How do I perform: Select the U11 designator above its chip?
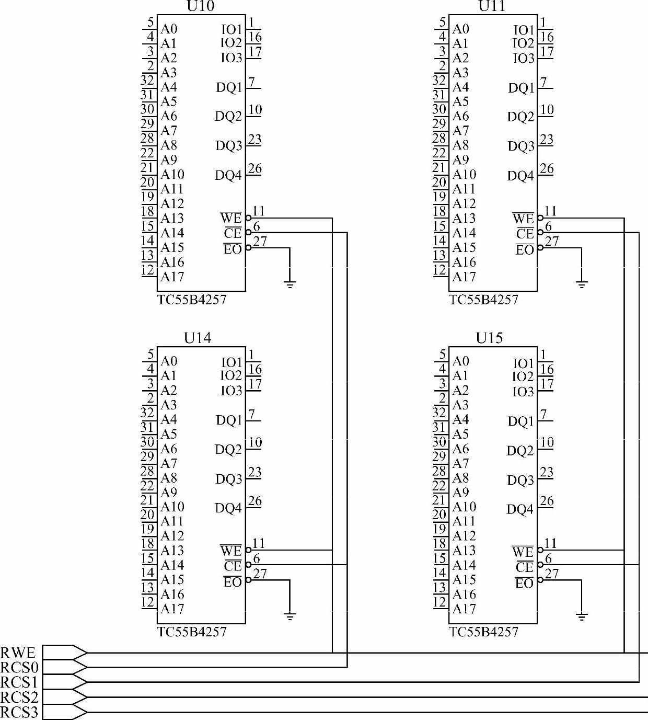click(492, 6)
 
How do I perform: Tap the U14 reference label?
click(198, 338)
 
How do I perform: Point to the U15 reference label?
click(489, 338)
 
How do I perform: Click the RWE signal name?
click(18, 653)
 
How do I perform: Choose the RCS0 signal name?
click(19, 668)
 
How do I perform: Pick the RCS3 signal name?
click(19, 712)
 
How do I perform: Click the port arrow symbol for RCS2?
click(64, 697)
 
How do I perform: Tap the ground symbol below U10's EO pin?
click(290, 284)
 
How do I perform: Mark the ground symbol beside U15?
click(581, 617)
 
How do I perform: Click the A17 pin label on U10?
click(172, 277)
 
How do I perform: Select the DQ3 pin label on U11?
click(521, 146)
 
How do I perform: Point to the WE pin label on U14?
click(231, 551)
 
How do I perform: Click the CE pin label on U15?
click(524, 567)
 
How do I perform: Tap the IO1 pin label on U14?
click(232, 362)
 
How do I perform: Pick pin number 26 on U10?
click(254, 169)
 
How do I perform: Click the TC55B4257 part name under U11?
click(483, 300)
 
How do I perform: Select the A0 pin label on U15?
click(460, 361)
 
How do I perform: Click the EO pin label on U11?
click(525, 250)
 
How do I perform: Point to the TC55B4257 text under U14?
click(192, 632)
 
